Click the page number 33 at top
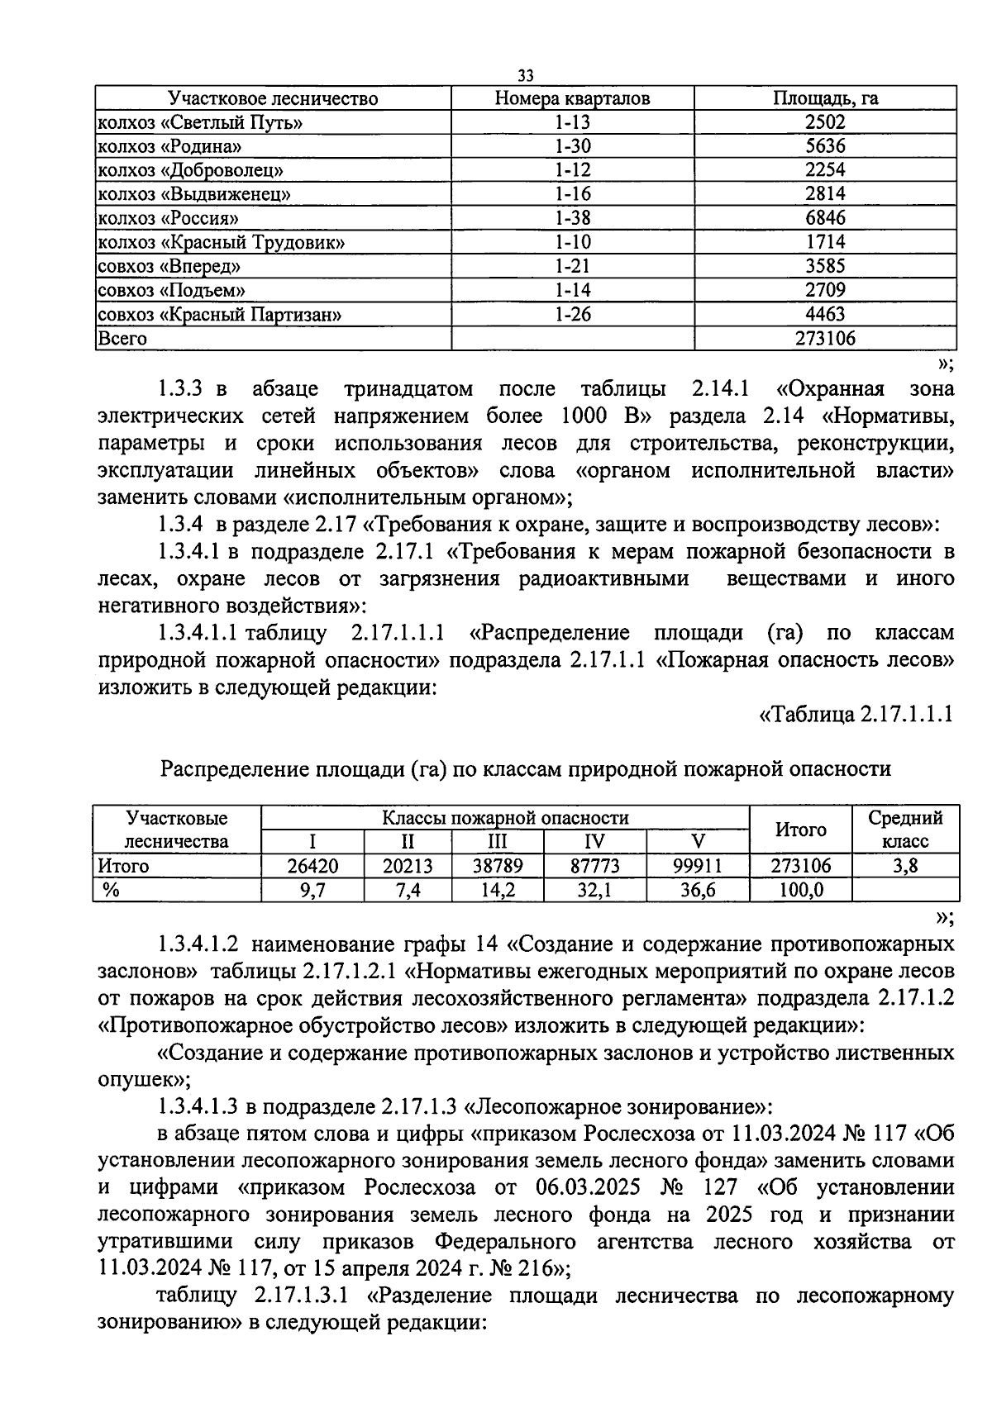point(525,76)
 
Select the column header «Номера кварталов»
point(572,98)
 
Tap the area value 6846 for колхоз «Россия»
point(825,218)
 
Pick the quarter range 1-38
point(572,218)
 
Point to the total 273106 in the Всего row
point(825,338)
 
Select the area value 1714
point(825,242)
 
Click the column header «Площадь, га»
point(825,98)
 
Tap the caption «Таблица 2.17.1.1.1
point(856,714)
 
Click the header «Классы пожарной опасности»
point(504,818)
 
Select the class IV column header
point(594,842)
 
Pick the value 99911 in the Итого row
point(698,866)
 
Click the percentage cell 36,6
point(698,890)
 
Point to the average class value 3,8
point(904,866)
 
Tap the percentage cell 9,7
point(312,890)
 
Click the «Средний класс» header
point(904,830)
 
